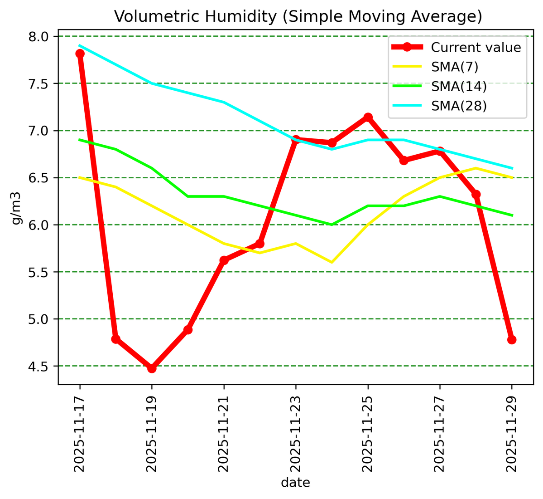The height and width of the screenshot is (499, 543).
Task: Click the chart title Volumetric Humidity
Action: coord(298,16)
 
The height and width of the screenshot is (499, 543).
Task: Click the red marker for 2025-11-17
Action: coord(80,54)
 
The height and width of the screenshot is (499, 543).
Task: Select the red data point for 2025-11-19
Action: coord(152,368)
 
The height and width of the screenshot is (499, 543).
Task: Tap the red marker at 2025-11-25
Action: coord(368,117)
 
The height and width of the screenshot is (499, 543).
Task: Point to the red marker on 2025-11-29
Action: coord(512,340)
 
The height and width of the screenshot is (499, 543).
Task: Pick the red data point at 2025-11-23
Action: coord(296,140)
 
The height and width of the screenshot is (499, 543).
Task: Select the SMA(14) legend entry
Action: coord(459,86)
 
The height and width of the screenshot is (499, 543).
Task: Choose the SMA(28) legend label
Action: coord(459,106)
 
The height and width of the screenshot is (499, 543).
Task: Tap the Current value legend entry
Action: coord(476,47)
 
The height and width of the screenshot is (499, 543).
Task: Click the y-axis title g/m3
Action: coord(17,207)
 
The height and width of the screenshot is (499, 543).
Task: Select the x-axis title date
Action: coord(295,482)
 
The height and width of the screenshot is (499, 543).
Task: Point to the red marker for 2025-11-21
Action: coord(224,260)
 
